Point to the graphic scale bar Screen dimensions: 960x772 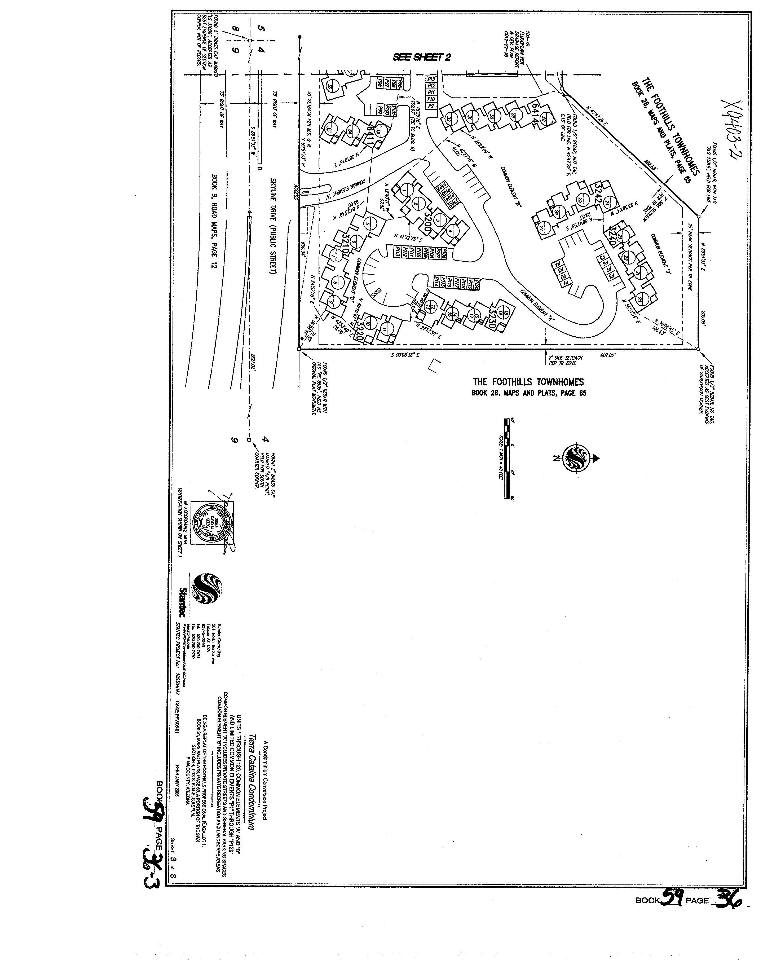pyautogui.click(x=507, y=458)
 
